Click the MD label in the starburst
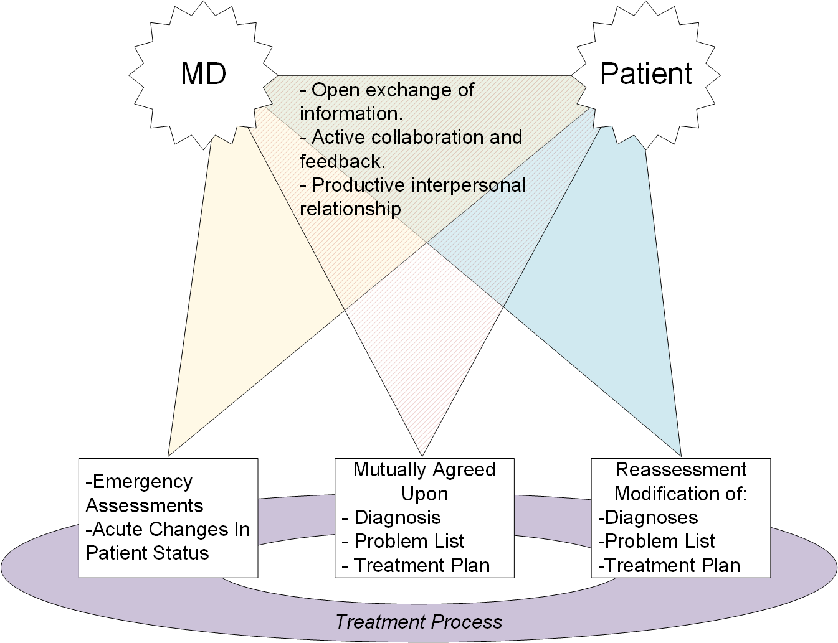[x=203, y=74]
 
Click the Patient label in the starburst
[x=645, y=74]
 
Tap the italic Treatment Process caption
[x=419, y=621]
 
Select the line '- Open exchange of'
[x=386, y=90]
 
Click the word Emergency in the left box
[x=142, y=482]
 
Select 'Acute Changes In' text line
[x=168, y=529]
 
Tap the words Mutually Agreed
[x=424, y=469]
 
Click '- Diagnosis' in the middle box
[x=391, y=517]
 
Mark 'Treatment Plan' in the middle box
[x=421, y=565]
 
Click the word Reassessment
[x=681, y=469]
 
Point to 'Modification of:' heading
[x=680, y=494]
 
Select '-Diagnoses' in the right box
[x=648, y=517]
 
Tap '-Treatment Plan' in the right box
[x=670, y=565]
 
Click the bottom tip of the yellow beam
[x=168, y=456]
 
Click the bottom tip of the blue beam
[x=681, y=456]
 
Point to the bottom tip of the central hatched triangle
[x=422, y=456]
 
